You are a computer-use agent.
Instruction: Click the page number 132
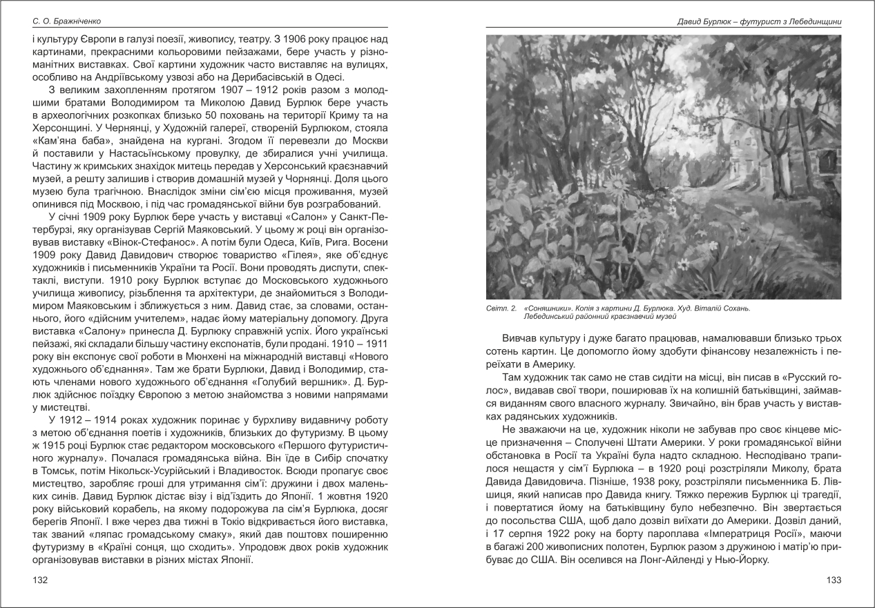pyautogui.click(x=41, y=580)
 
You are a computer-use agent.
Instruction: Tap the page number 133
pyautogui.click(x=834, y=580)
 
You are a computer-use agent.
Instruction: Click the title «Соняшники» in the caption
pyautogui.click(x=546, y=308)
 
